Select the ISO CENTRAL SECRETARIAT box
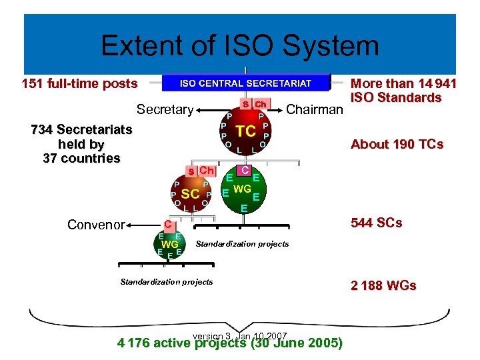point(246,83)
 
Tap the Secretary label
point(165,109)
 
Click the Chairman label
point(314,109)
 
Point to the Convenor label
point(96,224)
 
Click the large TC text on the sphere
point(246,131)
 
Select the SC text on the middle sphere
point(191,193)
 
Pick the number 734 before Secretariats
point(44,129)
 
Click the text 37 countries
point(81,159)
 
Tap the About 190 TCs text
point(397,145)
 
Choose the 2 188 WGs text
point(383,285)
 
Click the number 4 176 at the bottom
point(133,343)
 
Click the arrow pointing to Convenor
point(143,225)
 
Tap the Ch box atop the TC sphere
point(261,104)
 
